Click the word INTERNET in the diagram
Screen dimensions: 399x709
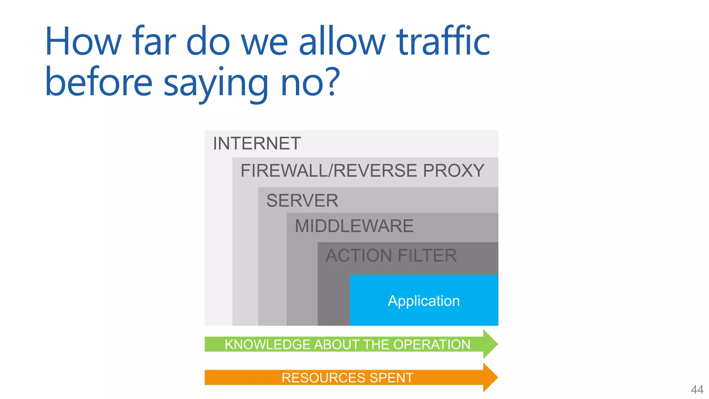pyautogui.click(x=257, y=143)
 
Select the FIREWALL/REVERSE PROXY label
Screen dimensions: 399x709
pyautogui.click(x=362, y=170)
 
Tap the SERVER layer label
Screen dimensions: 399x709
pyautogui.click(x=302, y=201)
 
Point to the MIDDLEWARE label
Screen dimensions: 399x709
pyautogui.click(x=354, y=226)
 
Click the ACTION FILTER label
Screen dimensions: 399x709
pyautogui.click(x=391, y=256)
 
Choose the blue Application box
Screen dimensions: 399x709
pyautogui.click(x=424, y=300)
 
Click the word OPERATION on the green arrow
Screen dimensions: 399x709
pyautogui.click(x=432, y=345)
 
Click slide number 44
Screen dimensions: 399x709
pyautogui.click(x=697, y=389)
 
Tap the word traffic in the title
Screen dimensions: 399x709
pyautogui.click(x=443, y=42)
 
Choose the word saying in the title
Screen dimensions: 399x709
pyautogui.click(x=216, y=83)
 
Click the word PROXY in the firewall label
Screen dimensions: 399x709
pyautogui.click(x=453, y=170)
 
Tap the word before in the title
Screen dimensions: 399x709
pyautogui.click(x=99, y=81)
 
